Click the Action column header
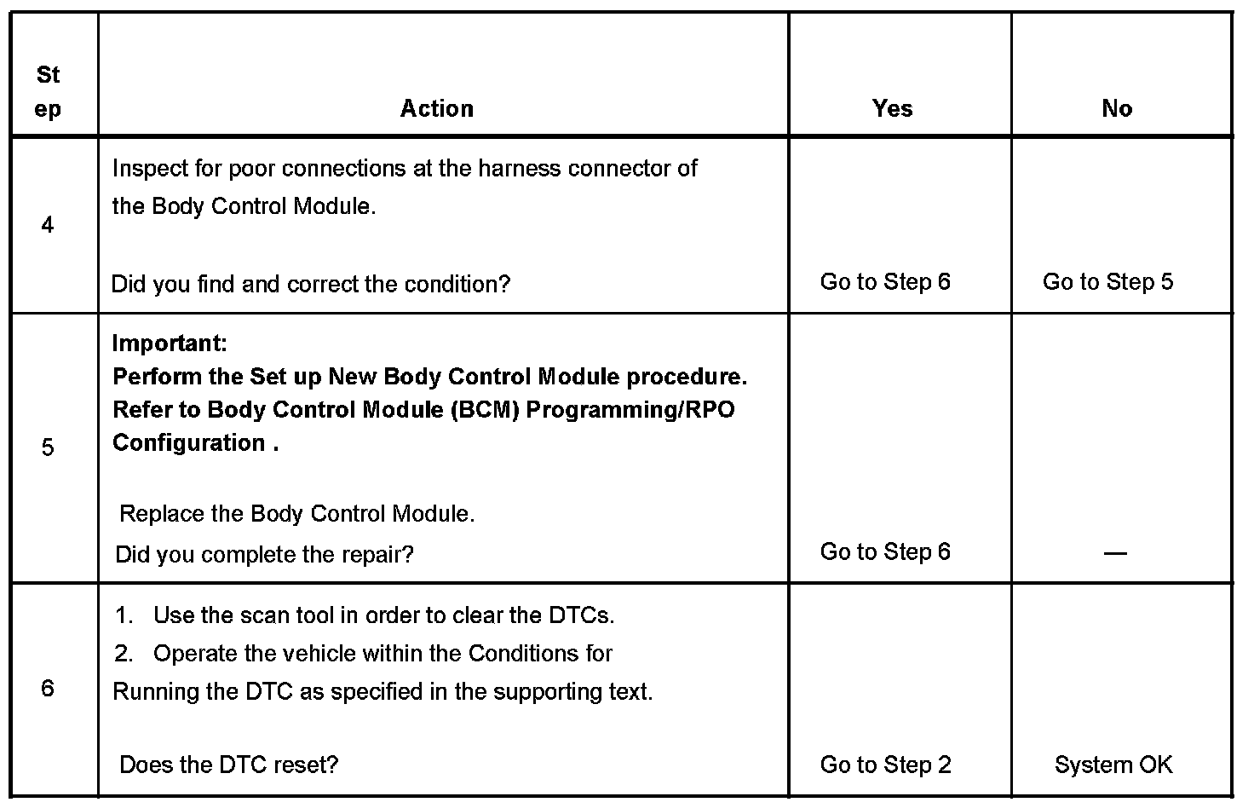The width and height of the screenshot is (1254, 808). point(437,108)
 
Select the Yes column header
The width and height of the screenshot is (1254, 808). point(892,108)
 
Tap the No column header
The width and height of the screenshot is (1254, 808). point(1116,108)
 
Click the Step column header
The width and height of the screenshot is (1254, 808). point(49,92)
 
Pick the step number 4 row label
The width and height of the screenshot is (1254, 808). point(48,225)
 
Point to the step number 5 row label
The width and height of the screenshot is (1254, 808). point(48,447)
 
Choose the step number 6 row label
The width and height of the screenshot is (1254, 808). point(48,689)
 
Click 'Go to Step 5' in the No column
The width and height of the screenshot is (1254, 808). point(1107,282)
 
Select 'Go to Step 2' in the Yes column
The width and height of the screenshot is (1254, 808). point(885,765)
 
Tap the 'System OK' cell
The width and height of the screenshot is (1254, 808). point(1113,765)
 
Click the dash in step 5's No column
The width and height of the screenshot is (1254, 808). point(1114,553)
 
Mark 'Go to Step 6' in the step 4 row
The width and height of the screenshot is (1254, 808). point(885,282)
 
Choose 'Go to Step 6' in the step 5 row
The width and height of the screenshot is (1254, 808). point(885,551)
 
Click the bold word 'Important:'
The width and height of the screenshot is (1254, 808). point(170,343)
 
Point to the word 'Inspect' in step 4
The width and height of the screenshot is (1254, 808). point(149,169)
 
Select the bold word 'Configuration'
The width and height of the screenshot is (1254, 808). point(189,443)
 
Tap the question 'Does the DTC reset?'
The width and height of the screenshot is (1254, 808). point(228,765)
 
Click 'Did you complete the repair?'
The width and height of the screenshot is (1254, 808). point(264,555)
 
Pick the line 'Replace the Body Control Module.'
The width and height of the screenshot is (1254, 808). point(296,514)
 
